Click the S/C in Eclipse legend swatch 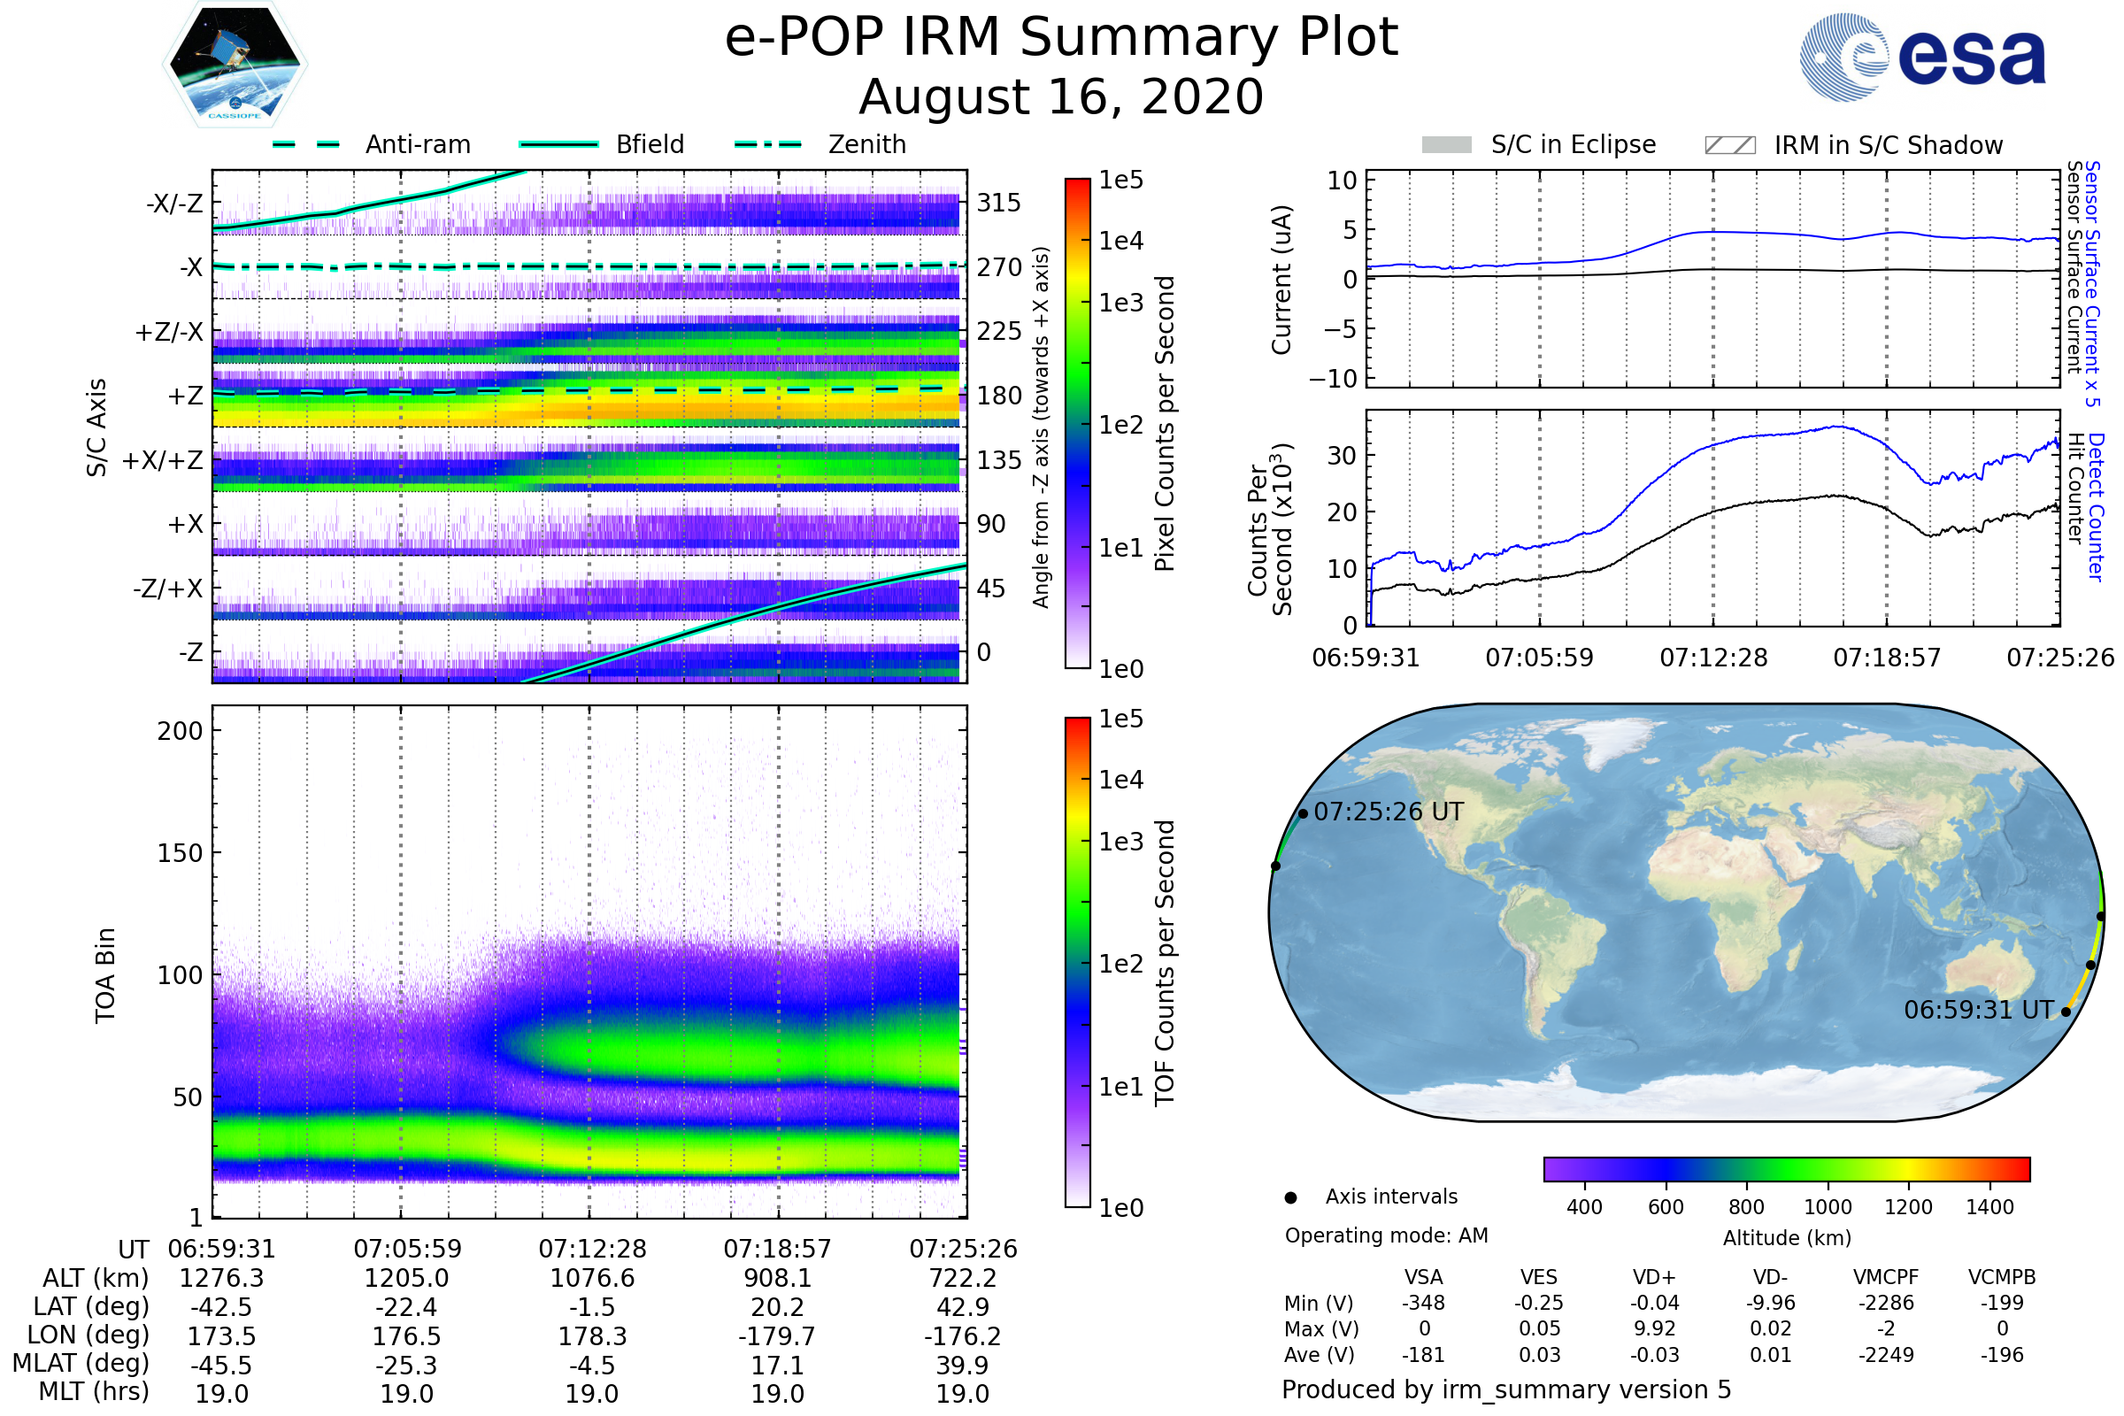tap(1446, 145)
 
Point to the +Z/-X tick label tap(169, 333)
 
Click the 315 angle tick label tap(999, 204)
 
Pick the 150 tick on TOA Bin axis tap(180, 853)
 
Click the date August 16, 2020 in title tap(1061, 97)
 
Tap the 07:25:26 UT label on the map tap(1388, 812)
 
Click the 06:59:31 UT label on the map tap(1979, 1010)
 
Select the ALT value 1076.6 tap(592, 1279)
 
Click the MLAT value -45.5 tap(222, 1366)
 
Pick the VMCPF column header tap(1886, 1278)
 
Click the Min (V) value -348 tap(1423, 1303)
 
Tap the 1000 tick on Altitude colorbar tap(1828, 1207)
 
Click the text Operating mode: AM tap(1386, 1235)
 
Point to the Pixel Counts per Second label tap(1165, 424)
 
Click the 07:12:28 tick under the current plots tap(1713, 658)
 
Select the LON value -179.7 tap(777, 1336)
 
